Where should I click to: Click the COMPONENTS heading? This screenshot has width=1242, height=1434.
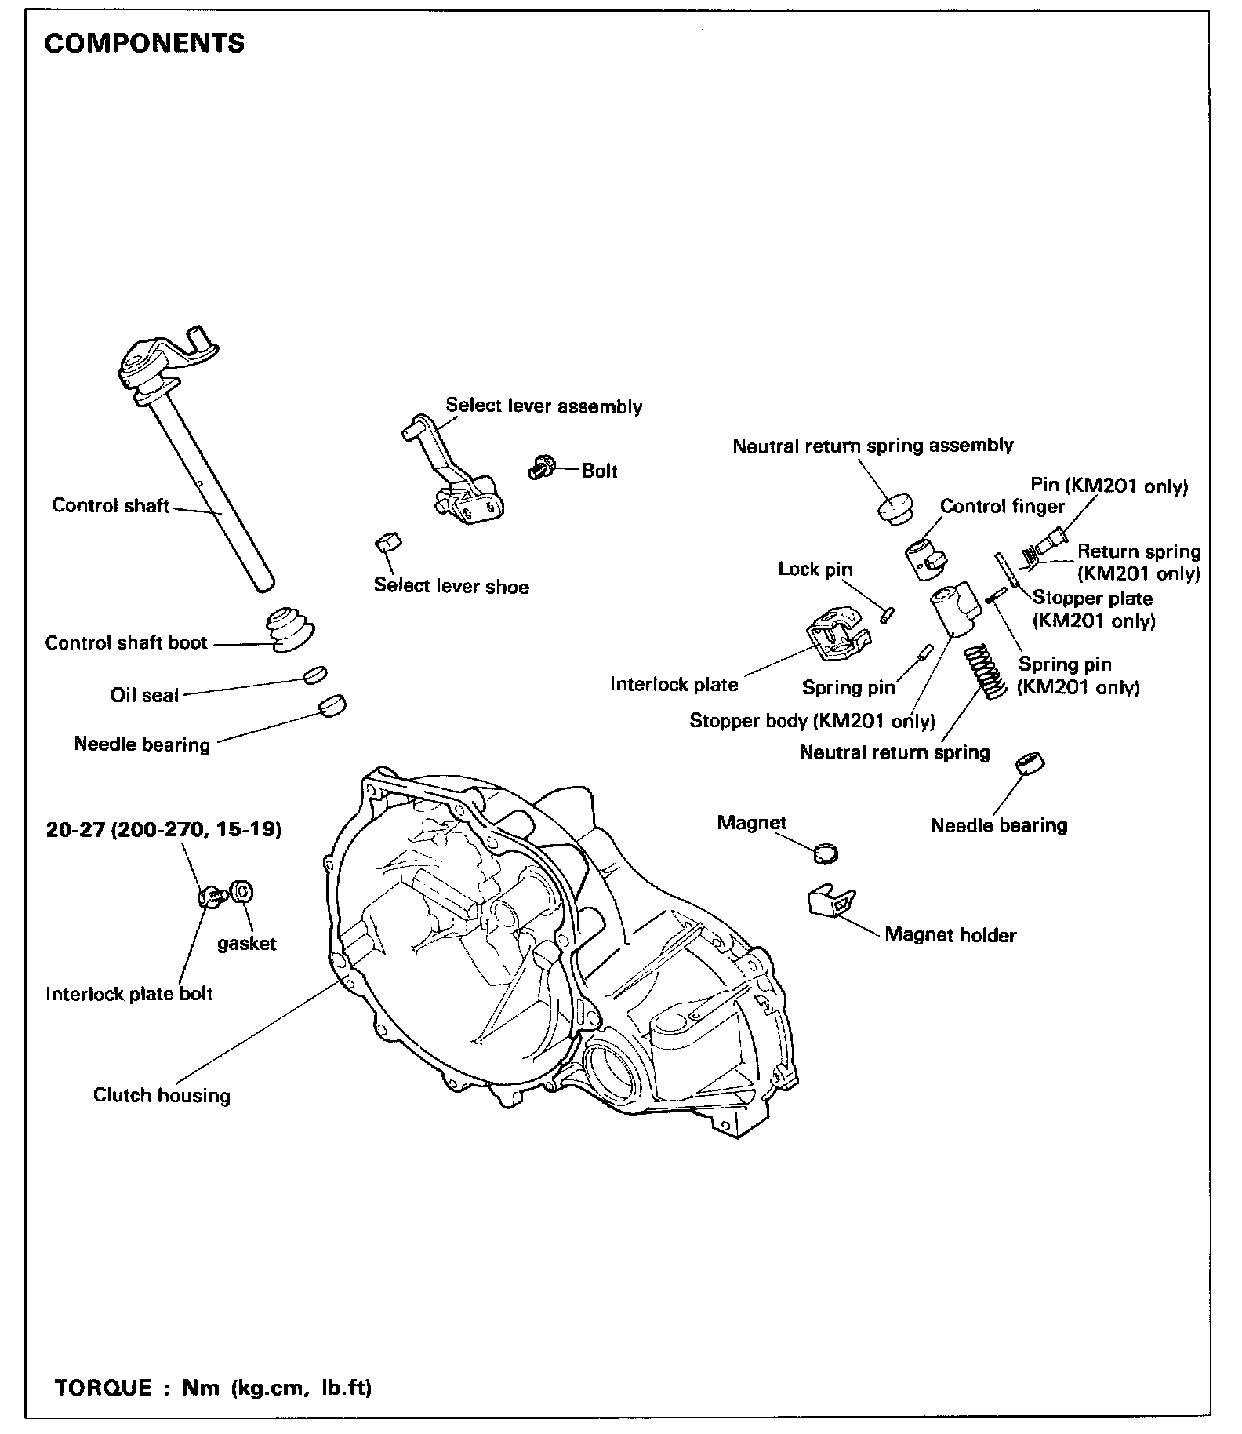(x=144, y=42)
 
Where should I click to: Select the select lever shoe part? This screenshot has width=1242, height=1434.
(x=388, y=542)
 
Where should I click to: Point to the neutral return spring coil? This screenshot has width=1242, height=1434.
(x=984, y=672)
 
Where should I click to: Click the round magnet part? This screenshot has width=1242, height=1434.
(x=824, y=853)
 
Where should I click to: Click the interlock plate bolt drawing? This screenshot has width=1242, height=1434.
(x=210, y=896)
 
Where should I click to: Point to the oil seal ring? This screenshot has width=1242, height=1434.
(x=314, y=675)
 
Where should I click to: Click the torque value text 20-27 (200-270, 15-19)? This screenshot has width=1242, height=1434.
(x=164, y=829)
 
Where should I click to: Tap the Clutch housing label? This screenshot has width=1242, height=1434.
(x=162, y=1095)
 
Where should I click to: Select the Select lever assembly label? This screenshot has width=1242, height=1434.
(x=543, y=406)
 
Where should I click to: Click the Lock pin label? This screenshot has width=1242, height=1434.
(x=815, y=569)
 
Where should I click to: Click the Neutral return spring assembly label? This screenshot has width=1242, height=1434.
(x=873, y=446)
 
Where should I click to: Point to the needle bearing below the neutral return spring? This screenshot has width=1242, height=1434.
(x=1030, y=763)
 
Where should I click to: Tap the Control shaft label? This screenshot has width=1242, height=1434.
(x=111, y=504)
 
